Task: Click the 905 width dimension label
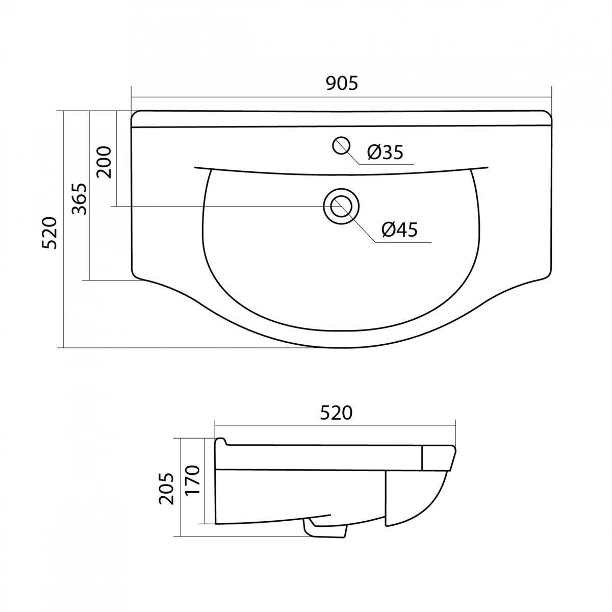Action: point(342,84)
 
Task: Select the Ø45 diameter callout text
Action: point(399,229)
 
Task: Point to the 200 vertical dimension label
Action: point(105,162)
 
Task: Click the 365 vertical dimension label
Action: point(80,199)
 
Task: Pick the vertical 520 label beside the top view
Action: point(50,233)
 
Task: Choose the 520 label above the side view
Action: point(336,413)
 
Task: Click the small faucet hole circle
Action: point(341,145)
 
